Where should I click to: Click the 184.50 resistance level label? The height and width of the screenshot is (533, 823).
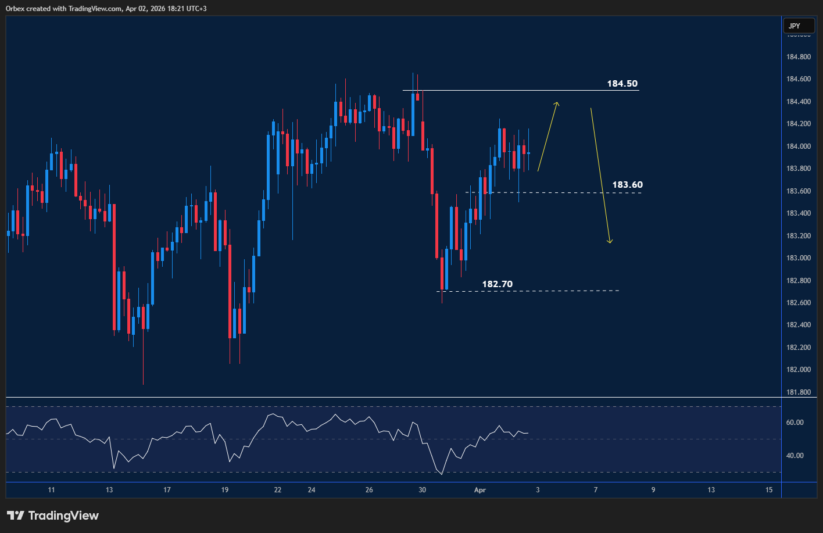click(x=622, y=84)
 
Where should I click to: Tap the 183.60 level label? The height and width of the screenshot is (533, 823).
click(x=627, y=185)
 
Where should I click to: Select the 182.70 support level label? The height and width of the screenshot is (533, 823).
click(x=497, y=284)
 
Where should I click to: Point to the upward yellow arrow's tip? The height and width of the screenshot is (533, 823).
click(x=557, y=103)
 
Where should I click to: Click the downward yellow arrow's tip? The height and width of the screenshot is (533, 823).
click(x=610, y=242)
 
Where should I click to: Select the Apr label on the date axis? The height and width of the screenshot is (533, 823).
click(x=480, y=490)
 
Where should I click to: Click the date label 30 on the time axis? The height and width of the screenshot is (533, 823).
click(x=422, y=490)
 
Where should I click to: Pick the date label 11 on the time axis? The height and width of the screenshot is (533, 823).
click(x=52, y=490)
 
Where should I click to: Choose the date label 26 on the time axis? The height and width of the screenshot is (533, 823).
click(x=369, y=490)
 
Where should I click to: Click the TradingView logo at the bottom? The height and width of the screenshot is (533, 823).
click(x=52, y=516)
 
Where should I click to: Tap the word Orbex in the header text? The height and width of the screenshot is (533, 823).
click(x=17, y=9)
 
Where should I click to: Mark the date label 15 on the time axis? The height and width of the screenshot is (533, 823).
click(x=769, y=490)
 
